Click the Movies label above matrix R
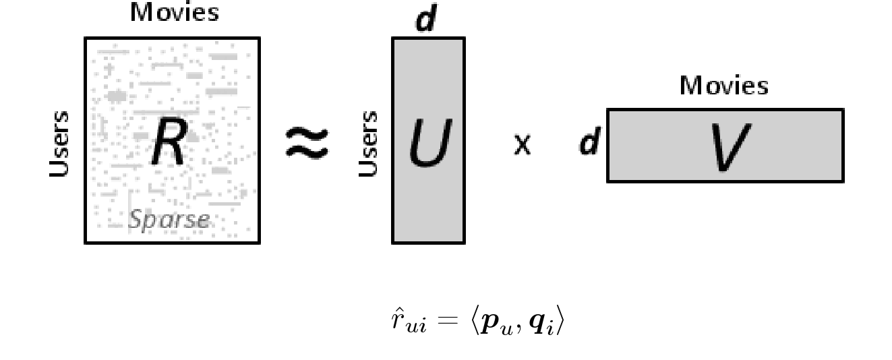[175, 13]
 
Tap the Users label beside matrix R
[60, 144]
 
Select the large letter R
[169, 144]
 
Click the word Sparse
[169, 220]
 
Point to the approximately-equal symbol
[307, 144]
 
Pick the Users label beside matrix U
[369, 144]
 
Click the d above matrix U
[426, 20]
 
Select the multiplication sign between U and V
[522, 145]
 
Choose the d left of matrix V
[590, 144]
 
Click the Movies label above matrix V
[723, 86]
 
